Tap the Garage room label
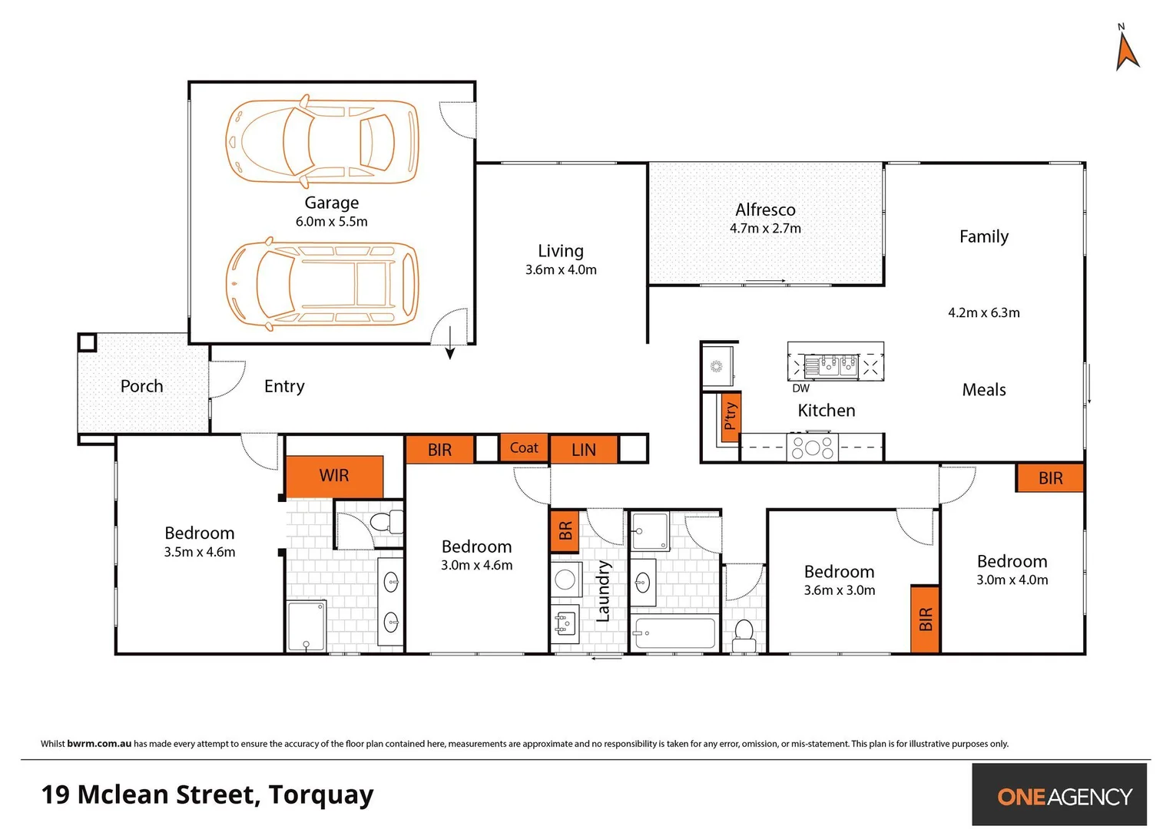coord(331,203)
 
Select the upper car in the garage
coord(322,141)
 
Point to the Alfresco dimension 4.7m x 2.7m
coord(765,229)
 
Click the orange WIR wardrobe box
coord(334,476)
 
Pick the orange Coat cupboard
coord(524,448)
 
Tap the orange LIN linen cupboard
coord(584,450)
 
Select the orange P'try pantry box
coord(730,416)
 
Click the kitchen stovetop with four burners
coord(812,448)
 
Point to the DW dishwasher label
coord(800,388)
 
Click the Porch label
coord(142,386)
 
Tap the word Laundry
coord(604,591)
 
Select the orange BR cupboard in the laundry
coord(565,531)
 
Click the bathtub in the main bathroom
coord(674,634)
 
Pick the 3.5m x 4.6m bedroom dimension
coord(200,552)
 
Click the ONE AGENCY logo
coord(1064,796)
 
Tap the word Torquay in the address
coord(321,795)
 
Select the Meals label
coord(984,390)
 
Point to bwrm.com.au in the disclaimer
coord(99,744)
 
